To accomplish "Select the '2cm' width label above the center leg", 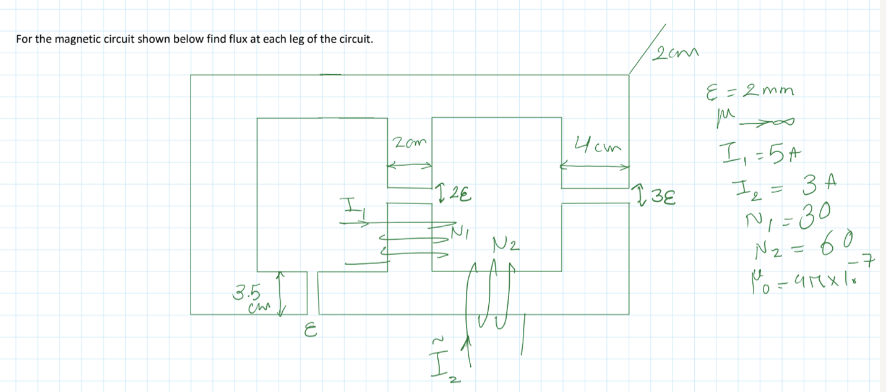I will pyautogui.click(x=405, y=144).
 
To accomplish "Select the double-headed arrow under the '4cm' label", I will pyautogui.click(x=595, y=166).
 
